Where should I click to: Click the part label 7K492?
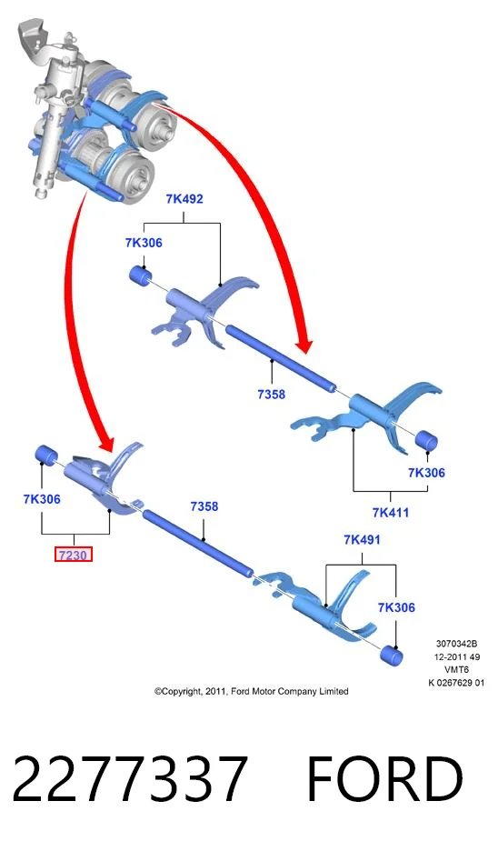(x=184, y=199)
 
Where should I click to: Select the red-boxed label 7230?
(x=74, y=556)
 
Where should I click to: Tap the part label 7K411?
(x=391, y=512)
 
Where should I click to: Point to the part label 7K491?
(x=362, y=539)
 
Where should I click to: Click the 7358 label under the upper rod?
(x=271, y=394)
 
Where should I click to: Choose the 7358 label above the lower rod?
(x=204, y=506)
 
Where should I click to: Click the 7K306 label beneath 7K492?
(x=144, y=243)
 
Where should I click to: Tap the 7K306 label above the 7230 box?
(x=42, y=499)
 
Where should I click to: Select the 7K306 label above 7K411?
(x=426, y=472)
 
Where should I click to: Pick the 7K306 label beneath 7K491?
(x=396, y=606)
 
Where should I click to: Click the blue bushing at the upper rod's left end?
(x=140, y=275)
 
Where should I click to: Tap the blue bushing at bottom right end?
(x=391, y=655)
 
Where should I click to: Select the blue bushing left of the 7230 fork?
(x=46, y=454)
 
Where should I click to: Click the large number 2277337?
(x=130, y=778)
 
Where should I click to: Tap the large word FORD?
(x=384, y=778)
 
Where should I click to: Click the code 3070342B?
(x=456, y=644)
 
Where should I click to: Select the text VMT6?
(x=456, y=670)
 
